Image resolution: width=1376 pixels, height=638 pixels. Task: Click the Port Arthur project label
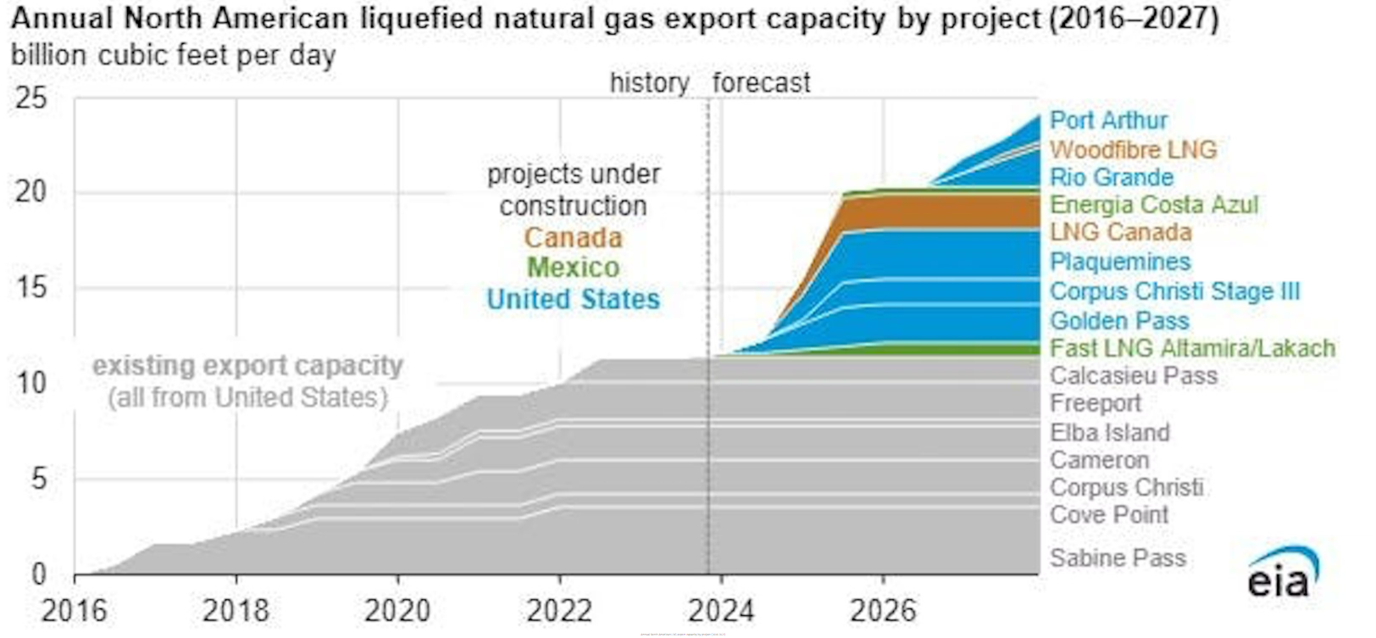pos(1107,121)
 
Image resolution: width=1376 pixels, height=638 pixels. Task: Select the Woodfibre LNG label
pos(1133,150)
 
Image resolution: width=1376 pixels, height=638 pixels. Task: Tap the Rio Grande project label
pos(1111,178)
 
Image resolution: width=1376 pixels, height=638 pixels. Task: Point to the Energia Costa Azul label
pos(1153,205)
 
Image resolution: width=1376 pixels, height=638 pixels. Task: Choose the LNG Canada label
pos(1120,232)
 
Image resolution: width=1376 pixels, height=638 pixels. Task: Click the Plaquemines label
pos(1119,262)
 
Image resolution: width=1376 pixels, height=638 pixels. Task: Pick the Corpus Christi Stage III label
pos(1173,291)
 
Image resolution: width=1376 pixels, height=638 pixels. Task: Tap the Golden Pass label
pos(1118,321)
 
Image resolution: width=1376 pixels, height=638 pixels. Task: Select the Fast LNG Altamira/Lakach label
pos(1191,348)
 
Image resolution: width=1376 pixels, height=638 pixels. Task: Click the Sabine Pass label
pos(1117,558)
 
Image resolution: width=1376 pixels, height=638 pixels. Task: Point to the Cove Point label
pos(1108,515)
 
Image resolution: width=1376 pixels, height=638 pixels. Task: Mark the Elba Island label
pos(1109,433)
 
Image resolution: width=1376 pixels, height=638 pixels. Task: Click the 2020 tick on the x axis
pos(397,611)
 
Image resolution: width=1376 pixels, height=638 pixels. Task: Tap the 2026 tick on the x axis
pos(883,611)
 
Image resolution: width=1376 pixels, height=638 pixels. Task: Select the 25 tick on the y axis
pos(31,98)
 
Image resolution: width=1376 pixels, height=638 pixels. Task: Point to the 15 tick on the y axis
pos(31,288)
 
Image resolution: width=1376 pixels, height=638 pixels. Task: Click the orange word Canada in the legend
pos(573,238)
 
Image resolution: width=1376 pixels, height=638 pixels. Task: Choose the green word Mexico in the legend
pos(573,269)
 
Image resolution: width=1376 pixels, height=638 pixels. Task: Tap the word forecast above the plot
pos(761,83)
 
